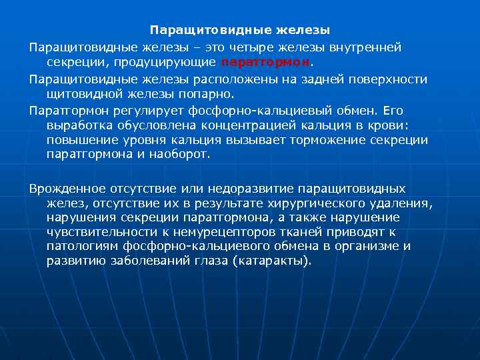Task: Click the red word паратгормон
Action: point(265,63)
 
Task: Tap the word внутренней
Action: point(370,48)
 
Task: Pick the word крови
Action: point(395,125)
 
